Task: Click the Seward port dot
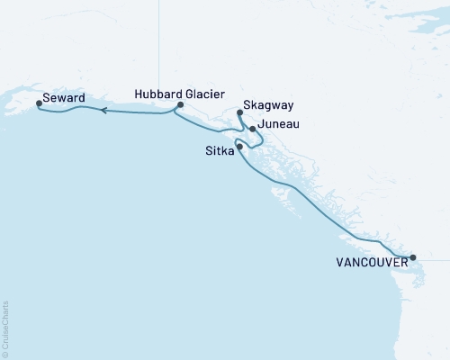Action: tap(39, 103)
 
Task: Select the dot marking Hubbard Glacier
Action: tap(181, 105)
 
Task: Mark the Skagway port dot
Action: tap(239, 112)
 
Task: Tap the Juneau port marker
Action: tap(253, 129)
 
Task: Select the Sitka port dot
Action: tap(239, 146)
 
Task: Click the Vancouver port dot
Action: tap(413, 257)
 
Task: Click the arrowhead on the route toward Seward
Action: tap(103, 111)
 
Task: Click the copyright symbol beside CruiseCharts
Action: tap(5, 354)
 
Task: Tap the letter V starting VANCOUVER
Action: tap(340, 263)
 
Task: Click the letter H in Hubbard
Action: tap(138, 93)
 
